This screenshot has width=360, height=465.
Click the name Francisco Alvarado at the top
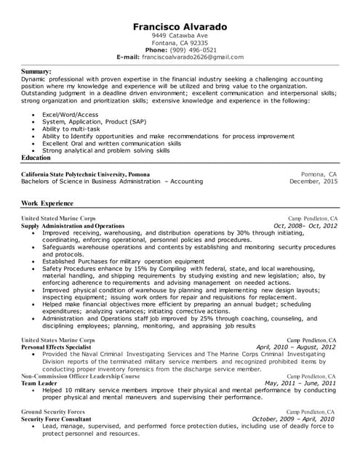180,27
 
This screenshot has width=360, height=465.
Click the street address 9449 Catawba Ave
180,35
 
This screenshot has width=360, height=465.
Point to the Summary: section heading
36,71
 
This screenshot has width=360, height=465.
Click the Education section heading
36,158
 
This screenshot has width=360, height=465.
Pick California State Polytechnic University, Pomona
87,174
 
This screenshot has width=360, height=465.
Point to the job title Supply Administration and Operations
73,226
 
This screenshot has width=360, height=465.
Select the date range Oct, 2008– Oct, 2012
305,226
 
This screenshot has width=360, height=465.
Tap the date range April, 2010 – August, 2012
295,347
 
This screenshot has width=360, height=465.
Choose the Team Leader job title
39,383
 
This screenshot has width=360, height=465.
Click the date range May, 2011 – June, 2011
300,383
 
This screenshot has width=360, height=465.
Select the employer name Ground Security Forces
53,411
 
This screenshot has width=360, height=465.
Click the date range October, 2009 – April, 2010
292,419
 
